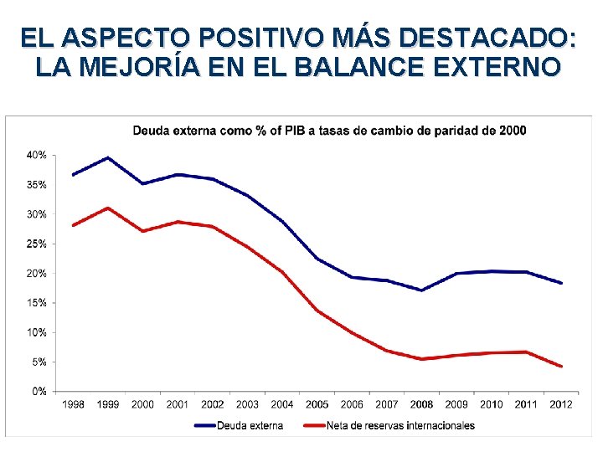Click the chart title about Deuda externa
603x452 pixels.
329,130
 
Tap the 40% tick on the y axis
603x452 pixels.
37,156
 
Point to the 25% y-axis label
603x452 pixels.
37,244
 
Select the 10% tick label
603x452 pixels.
37,332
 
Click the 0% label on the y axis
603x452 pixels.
39,391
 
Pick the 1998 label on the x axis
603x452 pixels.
74,405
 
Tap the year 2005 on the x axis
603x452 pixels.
317,405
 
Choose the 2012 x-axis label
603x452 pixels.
561,405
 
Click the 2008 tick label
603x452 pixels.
422,405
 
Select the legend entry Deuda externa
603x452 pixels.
250,425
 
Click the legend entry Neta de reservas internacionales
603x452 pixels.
400,425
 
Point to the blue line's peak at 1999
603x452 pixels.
108,157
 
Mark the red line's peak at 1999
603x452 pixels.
108,208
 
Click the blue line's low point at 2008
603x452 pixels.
422,290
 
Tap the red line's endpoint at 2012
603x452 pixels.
561,367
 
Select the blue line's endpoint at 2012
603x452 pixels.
561,283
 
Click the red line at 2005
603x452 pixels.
317,311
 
